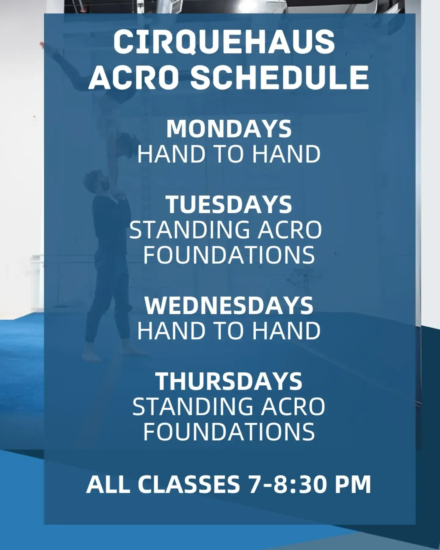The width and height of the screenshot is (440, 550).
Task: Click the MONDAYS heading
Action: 229,129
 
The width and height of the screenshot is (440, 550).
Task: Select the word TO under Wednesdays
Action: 229,330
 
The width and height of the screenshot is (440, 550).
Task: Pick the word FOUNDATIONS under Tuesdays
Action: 229,255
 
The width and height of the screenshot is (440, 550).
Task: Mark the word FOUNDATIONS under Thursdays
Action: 229,431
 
